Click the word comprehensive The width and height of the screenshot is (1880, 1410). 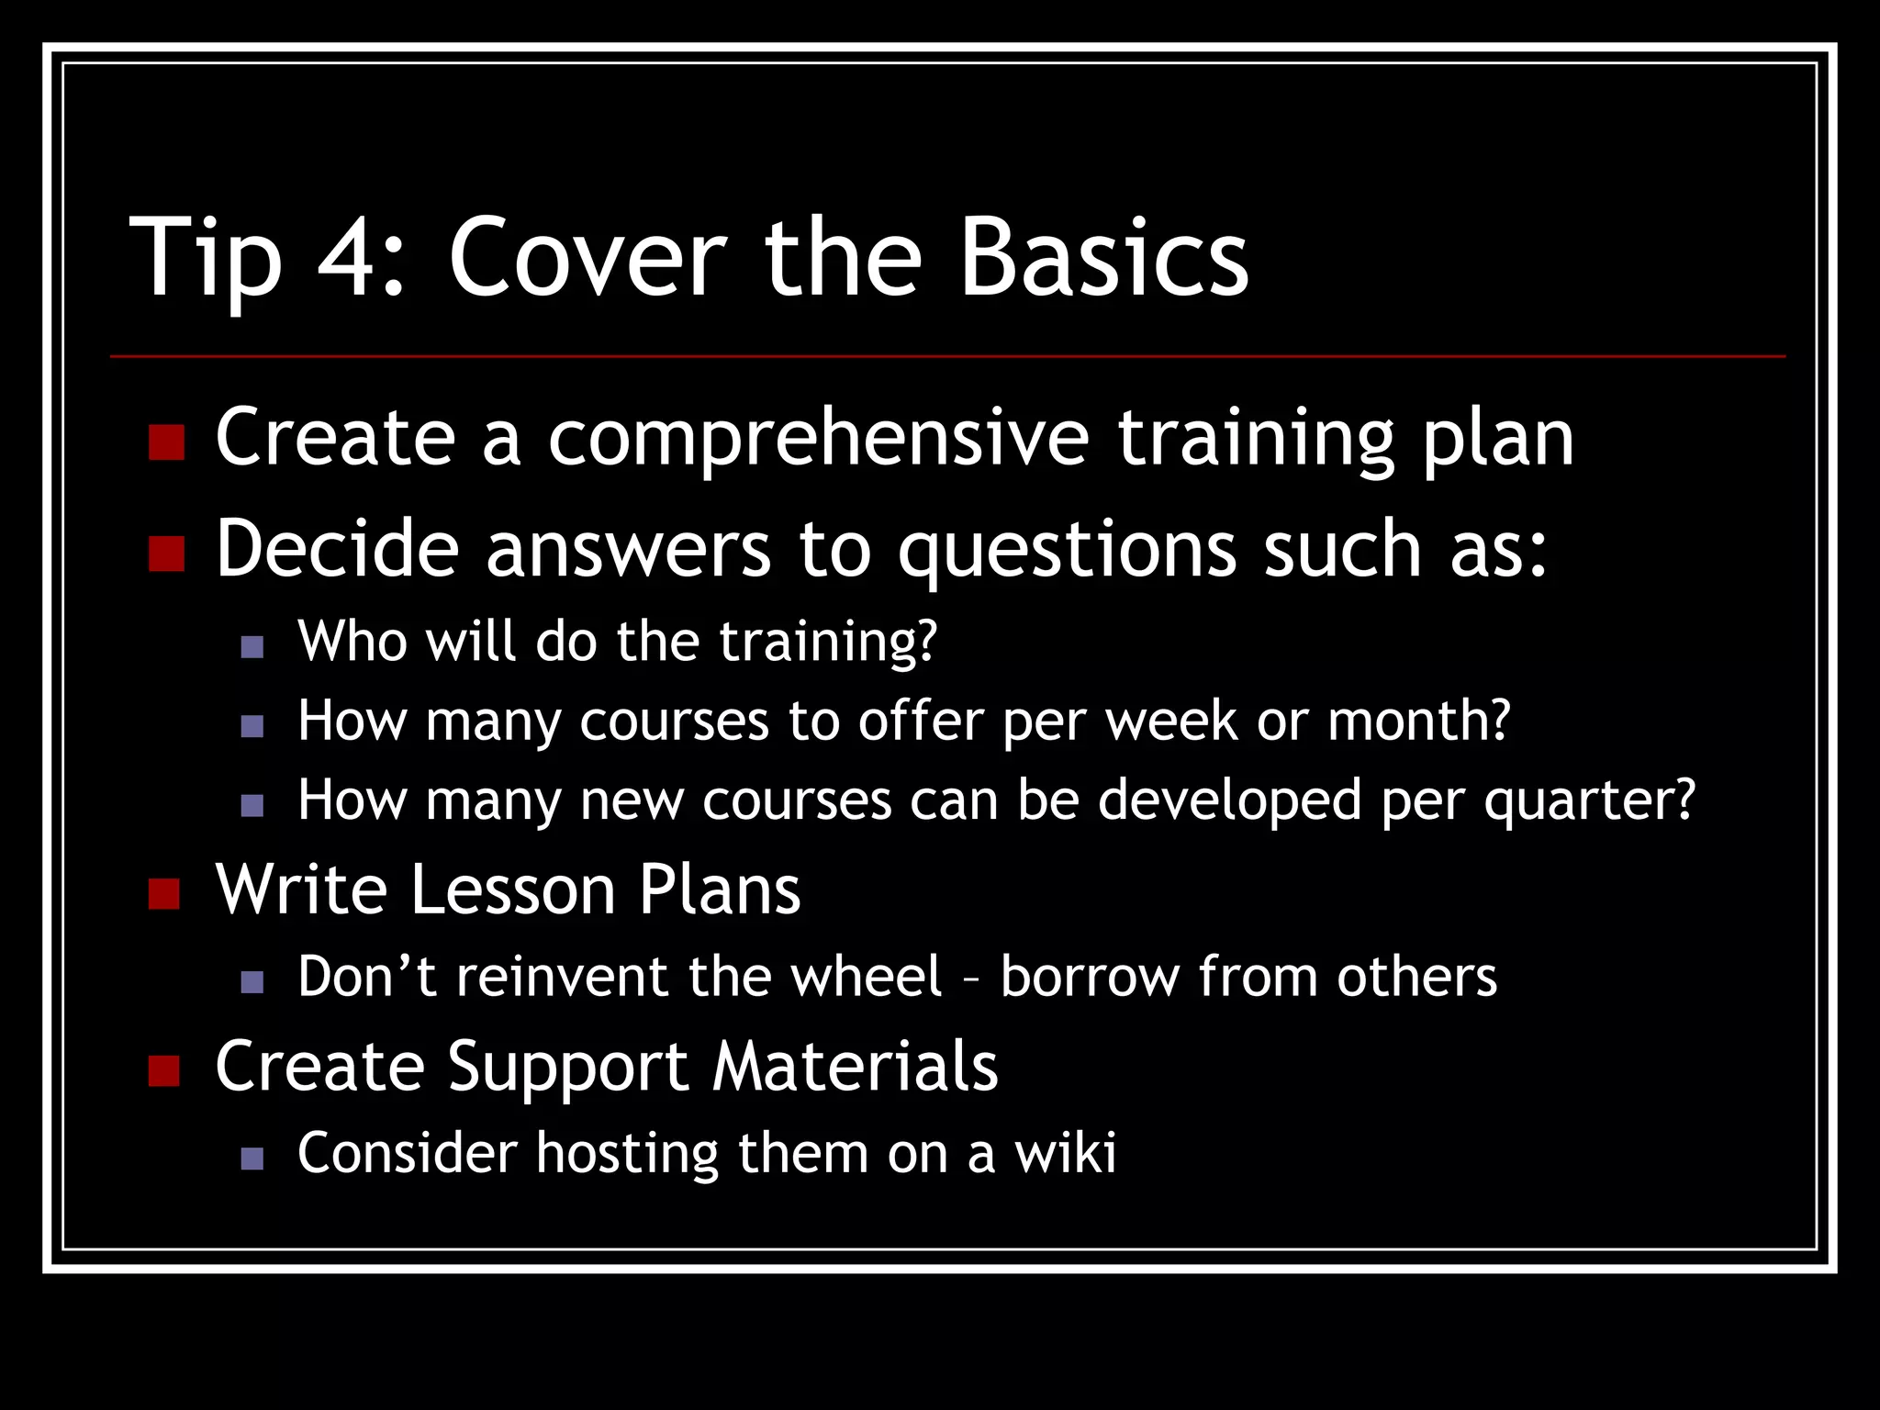(x=818, y=439)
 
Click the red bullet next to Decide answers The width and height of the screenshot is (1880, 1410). (x=166, y=554)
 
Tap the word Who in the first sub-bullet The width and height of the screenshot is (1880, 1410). (x=352, y=641)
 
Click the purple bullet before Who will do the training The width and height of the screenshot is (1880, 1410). (x=252, y=647)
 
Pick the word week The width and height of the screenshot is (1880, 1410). (x=1171, y=721)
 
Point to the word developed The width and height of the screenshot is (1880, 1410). (x=1230, y=800)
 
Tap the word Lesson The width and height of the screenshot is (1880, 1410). (x=512, y=890)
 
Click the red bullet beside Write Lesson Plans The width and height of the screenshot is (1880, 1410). (x=164, y=893)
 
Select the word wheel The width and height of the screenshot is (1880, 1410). (x=867, y=976)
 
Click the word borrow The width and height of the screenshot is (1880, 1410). (x=1090, y=976)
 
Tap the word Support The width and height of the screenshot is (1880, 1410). (x=567, y=1067)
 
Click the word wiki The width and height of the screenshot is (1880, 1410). (x=1065, y=1153)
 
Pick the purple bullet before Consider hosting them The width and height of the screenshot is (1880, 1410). (x=252, y=1158)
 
